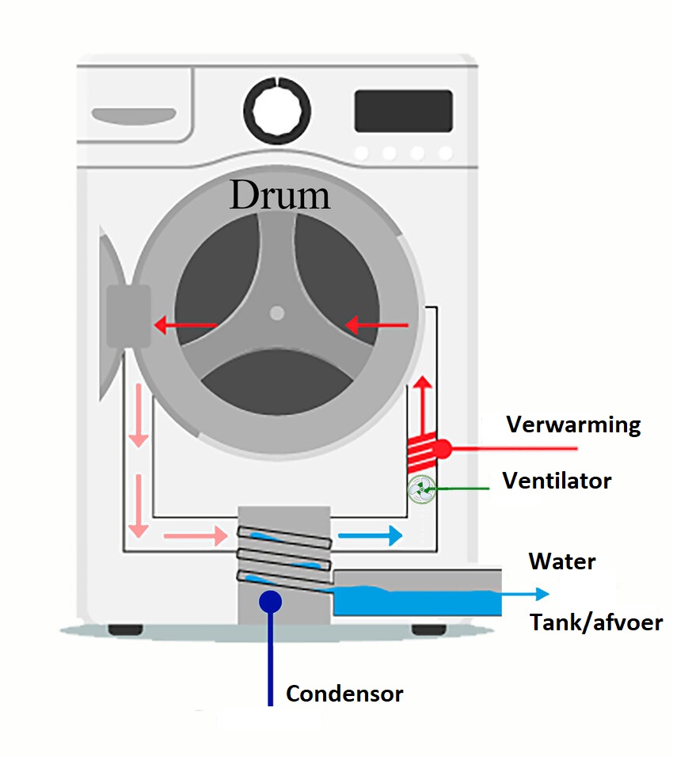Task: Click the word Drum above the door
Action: coord(279,195)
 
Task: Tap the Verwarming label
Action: coord(573,425)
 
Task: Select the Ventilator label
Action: coord(557,481)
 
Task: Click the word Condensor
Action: coord(344,694)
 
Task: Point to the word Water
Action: coord(562,562)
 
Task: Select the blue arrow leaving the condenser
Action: coord(370,536)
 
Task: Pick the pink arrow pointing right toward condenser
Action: coord(195,536)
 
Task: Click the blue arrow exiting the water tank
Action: coord(527,593)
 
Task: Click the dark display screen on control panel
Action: coord(403,111)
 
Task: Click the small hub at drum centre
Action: coord(276,313)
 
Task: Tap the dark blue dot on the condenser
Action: coord(270,601)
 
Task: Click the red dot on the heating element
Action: coord(442,449)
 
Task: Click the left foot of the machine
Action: coord(125,630)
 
